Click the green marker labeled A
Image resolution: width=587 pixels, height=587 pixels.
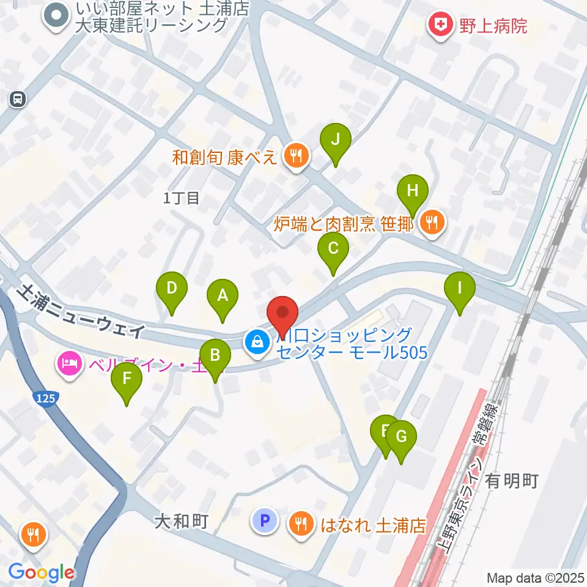[223, 297]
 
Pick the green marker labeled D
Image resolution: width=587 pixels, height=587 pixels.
[172, 289]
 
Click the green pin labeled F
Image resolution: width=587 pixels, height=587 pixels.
[127, 379]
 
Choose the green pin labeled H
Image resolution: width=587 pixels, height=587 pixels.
[413, 191]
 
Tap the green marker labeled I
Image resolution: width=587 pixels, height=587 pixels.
[460, 287]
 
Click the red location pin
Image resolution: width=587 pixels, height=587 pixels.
[282, 313]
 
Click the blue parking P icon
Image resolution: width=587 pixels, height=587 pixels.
[264, 521]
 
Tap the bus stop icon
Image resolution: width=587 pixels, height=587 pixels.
[17, 98]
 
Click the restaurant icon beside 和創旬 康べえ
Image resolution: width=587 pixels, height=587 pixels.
[296, 157]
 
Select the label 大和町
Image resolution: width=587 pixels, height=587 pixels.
[182, 522]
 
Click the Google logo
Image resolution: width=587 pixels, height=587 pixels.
[42, 572]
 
